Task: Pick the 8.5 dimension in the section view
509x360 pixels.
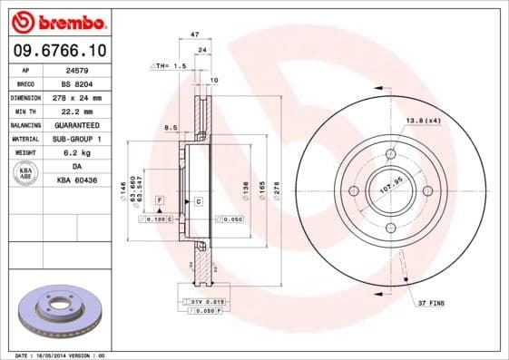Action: pyautogui.click(x=169, y=129)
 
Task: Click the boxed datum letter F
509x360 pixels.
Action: pyautogui.click(x=160, y=199)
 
